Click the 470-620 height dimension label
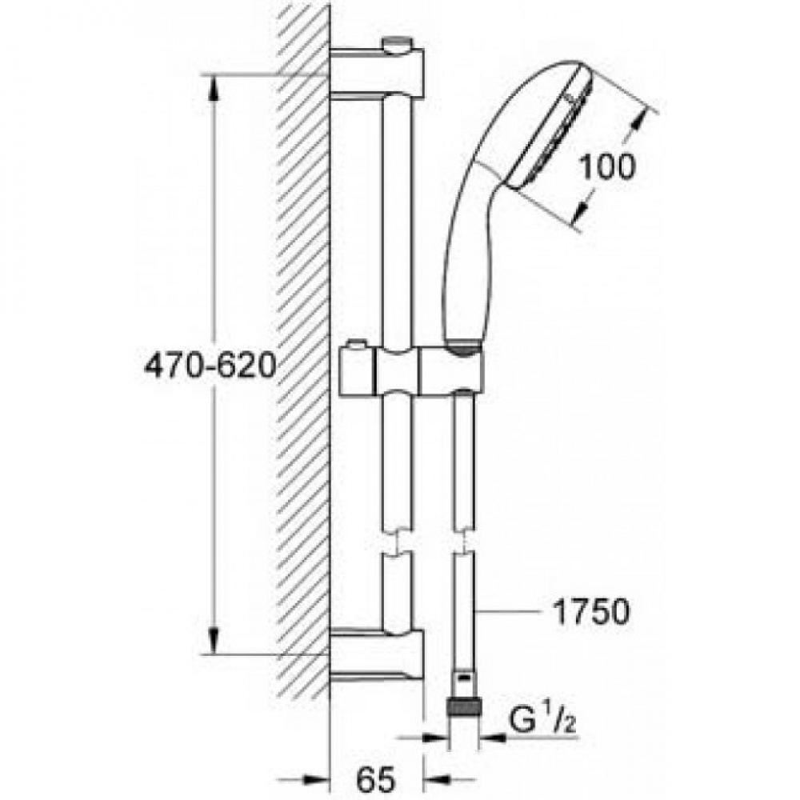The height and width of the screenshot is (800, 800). pyautogui.click(x=210, y=366)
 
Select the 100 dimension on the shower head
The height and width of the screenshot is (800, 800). pyautogui.click(x=608, y=166)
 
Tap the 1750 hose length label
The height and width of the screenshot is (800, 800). pyautogui.click(x=592, y=612)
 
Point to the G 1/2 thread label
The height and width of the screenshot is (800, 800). pyautogui.click(x=543, y=719)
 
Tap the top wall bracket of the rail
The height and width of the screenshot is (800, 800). pyautogui.click(x=377, y=70)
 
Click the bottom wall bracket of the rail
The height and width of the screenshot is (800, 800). pyautogui.click(x=377, y=656)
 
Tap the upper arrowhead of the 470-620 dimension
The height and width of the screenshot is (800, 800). pyautogui.click(x=214, y=89)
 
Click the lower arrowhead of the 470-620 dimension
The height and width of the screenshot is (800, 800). pyautogui.click(x=214, y=640)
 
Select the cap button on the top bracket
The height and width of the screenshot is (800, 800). pyautogui.click(x=399, y=43)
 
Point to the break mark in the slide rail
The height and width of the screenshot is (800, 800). pyautogui.click(x=398, y=542)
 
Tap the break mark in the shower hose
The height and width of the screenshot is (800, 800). pyautogui.click(x=463, y=542)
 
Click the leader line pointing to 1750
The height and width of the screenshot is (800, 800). pyautogui.click(x=508, y=611)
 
